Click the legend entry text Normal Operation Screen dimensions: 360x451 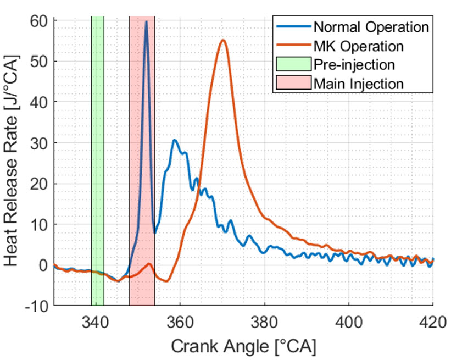pyautogui.click(x=371, y=26)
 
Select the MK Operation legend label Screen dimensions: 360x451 pyautogui.click(x=359, y=45)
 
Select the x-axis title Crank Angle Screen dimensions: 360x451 pyautogui.click(x=244, y=346)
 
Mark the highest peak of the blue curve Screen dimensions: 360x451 pyautogui.click(x=146, y=22)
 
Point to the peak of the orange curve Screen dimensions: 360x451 pyautogui.click(x=222, y=40)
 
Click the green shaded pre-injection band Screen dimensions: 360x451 pyautogui.click(x=97, y=165)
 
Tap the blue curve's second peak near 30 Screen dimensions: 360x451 pyautogui.click(x=175, y=140)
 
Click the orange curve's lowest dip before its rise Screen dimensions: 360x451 pyautogui.click(x=166, y=281)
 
